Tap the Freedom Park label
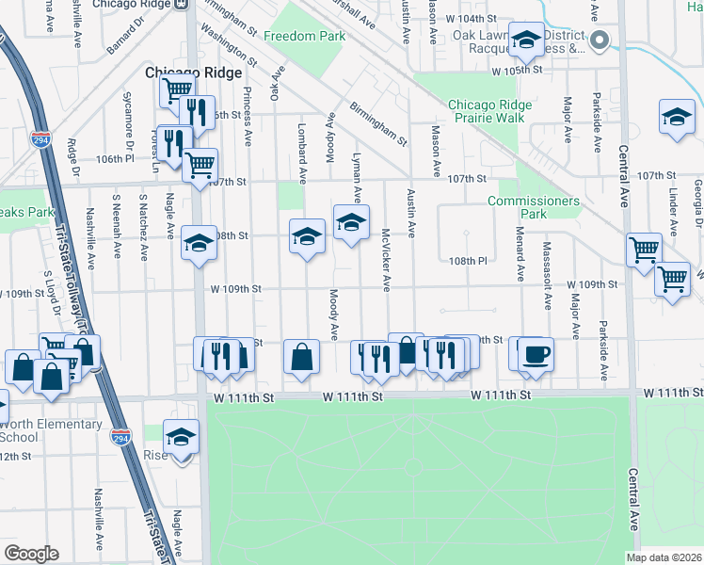(x=304, y=37)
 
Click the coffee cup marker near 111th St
(x=536, y=354)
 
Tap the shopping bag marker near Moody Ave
(x=301, y=357)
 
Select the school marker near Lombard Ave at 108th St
(x=307, y=236)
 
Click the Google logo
(x=31, y=554)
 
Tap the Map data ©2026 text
(x=664, y=557)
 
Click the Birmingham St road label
(x=377, y=124)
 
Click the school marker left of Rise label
(x=181, y=436)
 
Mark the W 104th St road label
(x=471, y=19)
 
